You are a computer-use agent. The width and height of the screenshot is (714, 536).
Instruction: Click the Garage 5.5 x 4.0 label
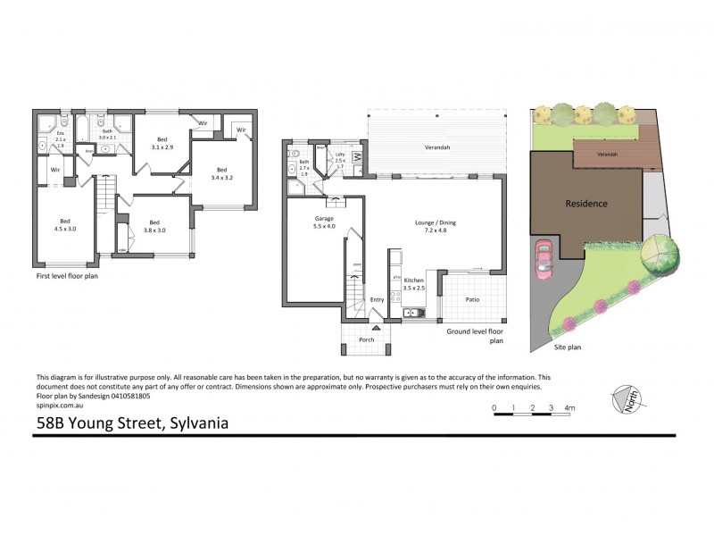(324, 223)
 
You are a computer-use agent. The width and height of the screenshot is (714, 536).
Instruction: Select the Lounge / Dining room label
(436, 227)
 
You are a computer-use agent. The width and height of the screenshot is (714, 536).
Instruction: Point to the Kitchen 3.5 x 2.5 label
(413, 284)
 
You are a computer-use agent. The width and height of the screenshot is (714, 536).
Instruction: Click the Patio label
(473, 299)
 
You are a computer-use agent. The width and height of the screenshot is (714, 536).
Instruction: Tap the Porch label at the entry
(366, 340)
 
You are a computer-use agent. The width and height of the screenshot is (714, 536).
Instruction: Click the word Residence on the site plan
(586, 204)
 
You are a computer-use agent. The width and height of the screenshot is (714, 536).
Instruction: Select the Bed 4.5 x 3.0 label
(65, 225)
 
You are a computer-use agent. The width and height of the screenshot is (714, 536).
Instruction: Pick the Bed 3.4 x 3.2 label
(221, 174)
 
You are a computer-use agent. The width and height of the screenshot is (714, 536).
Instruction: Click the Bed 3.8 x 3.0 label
(154, 227)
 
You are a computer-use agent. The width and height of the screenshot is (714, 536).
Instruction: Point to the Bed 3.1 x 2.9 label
(162, 143)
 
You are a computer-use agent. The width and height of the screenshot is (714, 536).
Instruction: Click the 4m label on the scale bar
(569, 408)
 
